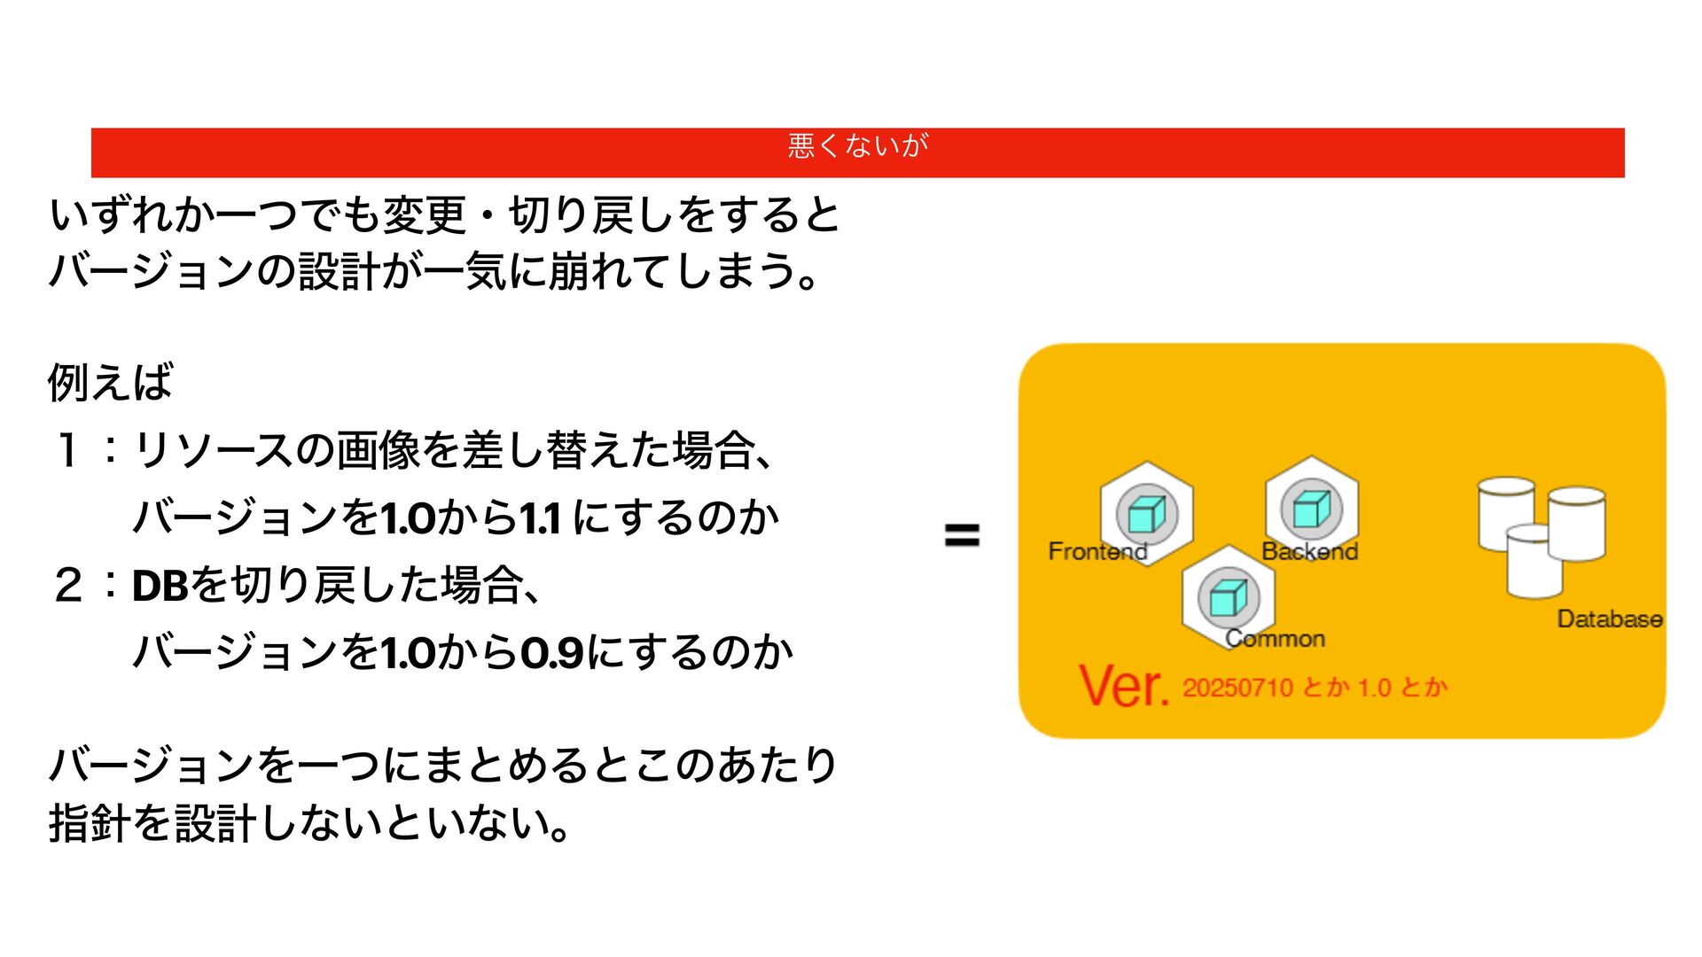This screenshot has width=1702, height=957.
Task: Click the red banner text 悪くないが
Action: [857, 144]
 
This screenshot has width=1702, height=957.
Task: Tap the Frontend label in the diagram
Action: [1097, 551]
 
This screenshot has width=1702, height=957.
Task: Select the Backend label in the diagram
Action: [1309, 551]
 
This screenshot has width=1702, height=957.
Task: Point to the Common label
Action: [1275, 638]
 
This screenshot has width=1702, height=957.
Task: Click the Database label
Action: [1609, 619]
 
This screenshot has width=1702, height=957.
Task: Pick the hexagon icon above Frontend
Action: [1146, 512]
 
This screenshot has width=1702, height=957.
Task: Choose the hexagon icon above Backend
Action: [1311, 509]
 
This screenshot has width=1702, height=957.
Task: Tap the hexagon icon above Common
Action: [1228, 596]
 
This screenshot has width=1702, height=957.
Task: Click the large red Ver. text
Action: [1123, 686]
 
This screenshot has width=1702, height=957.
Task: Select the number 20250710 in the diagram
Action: [1237, 688]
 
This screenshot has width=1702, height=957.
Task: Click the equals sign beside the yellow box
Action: [962, 535]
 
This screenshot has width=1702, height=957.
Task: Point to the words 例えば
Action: [110, 382]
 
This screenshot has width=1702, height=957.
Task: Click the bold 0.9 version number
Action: [551, 654]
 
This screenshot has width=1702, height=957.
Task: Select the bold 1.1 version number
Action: [540, 518]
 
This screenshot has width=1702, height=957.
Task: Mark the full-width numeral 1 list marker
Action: [67, 450]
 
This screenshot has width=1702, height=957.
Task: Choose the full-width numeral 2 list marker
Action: [67, 586]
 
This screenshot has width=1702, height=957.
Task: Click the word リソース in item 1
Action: [213, 450]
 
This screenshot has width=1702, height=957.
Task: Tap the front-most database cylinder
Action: [1534, 562]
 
